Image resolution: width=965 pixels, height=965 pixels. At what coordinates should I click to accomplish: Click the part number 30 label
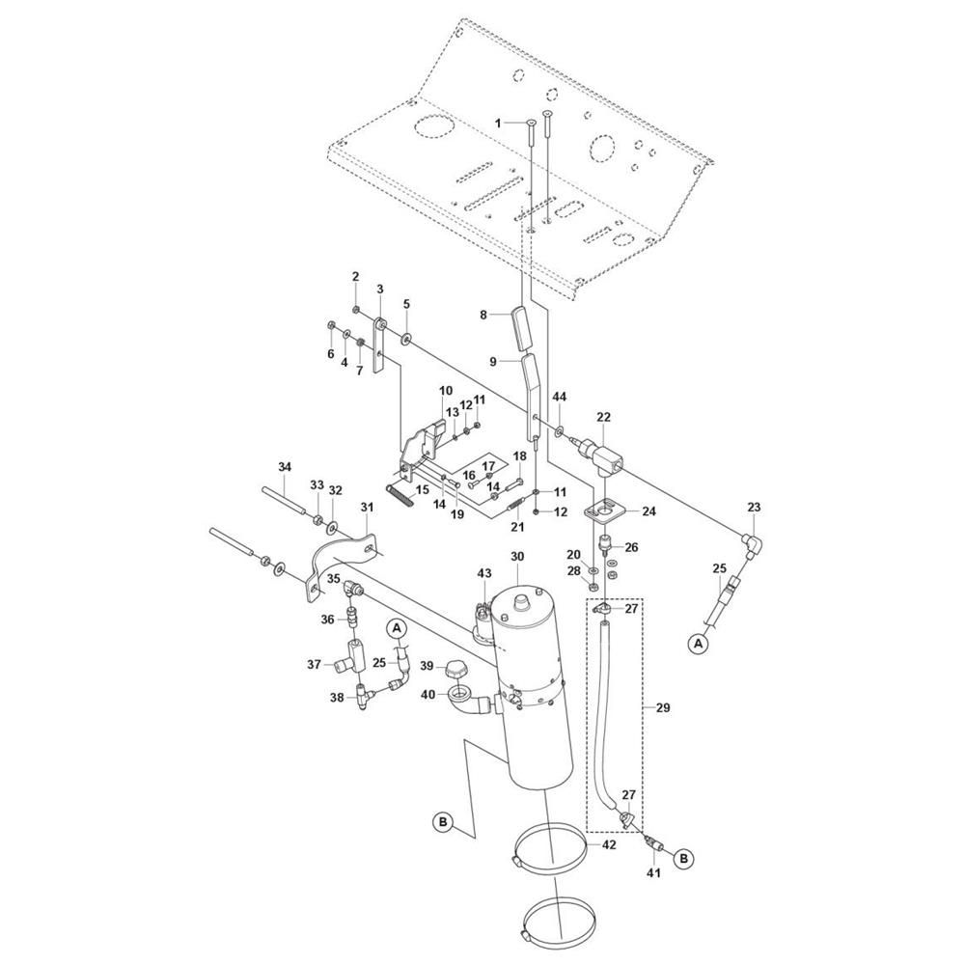point(517,557)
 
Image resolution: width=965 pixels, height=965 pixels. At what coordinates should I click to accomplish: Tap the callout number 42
point(609,845)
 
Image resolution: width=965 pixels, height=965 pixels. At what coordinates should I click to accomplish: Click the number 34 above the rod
point(284,467)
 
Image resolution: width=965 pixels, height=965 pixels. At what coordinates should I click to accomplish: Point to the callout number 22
point(604,417)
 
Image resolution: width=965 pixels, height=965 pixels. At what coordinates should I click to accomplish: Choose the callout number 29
point(663,707)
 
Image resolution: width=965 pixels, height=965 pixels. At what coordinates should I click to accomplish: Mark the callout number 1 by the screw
point(497,124)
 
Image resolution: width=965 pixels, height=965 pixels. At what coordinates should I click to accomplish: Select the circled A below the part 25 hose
point(698,644)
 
